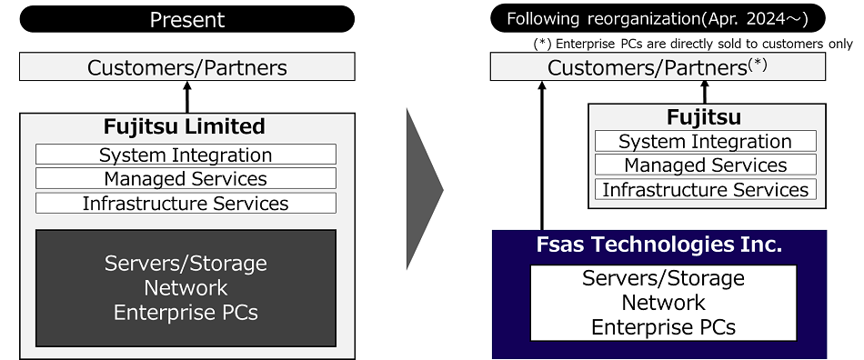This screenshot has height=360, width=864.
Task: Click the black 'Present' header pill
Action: pyautogui.click(x=186, y=19)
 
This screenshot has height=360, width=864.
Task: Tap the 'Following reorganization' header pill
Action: pyautogui.click(x=658, y=19)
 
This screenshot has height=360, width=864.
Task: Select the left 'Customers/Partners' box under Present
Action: pyautogui.click(x=186, y=67)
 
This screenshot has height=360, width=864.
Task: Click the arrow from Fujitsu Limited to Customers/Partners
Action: pyautogui.click(x=187, y=96)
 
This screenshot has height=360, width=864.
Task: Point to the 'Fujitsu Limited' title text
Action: pyautogui.click(x=186, y=126)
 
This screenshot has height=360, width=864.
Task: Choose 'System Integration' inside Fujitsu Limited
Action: pyautogui.click(x=186, y=155)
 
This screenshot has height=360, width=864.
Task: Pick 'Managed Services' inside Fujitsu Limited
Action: pyautogui.click(x=186, y=179)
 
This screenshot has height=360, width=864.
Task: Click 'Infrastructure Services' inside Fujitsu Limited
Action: pyautogui.click(x=186, y=204)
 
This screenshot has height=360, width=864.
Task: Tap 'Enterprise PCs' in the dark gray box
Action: pyautogui.click(x=186, y=313)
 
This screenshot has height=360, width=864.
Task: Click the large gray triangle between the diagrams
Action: pyautogui.click(x=422, y=190)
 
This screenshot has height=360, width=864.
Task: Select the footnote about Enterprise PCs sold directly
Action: pyautogui.click(x=692, y=44)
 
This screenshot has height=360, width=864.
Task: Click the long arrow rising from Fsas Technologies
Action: pyautogui.click(x=542, y=155)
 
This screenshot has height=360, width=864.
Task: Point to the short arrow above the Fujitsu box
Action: pyautogui.click(x=704, y=92)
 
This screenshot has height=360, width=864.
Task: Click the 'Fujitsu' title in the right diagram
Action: pyautogui.click(x=704, y=117)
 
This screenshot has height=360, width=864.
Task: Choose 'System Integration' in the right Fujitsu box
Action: pyautogui.click(x=705, y=142)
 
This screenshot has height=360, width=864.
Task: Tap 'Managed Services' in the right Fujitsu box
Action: pyautogui.click(x=705, y=165)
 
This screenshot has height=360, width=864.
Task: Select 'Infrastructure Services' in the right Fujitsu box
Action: pyautogui.click(x=705, y=190)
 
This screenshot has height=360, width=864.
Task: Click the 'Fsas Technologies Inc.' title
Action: pyautogui.click(x=659, y=245)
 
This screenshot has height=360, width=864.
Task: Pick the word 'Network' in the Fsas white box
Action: pyautogui.click(x=663, y=303)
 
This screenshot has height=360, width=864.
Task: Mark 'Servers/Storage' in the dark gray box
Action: pyautogui.click(x=186, y=264)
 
